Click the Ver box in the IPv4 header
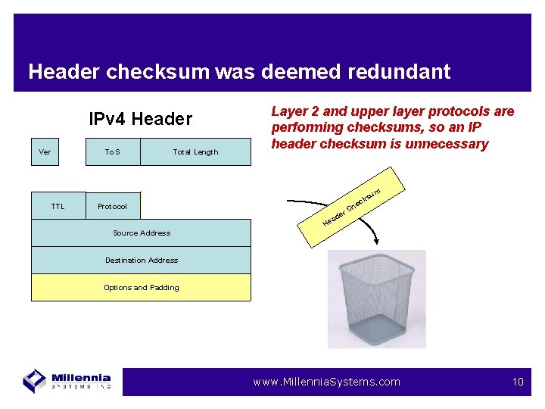[x=45, y=151]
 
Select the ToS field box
[x=113, y=151]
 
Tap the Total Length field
[x=195, y=151]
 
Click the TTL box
[x=58, y=206]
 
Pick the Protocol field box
[x=113, y=206]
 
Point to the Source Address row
[x=141, y=233]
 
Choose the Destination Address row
[x=141, y=260]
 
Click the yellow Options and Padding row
[x=141, y=287]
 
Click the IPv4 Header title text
[x=141, y=119]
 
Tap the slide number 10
[x=518, y=382]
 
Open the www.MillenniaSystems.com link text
[x=326, y=382]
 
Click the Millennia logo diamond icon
[x=35, y=380]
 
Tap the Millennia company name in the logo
[x=82, y=377]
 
